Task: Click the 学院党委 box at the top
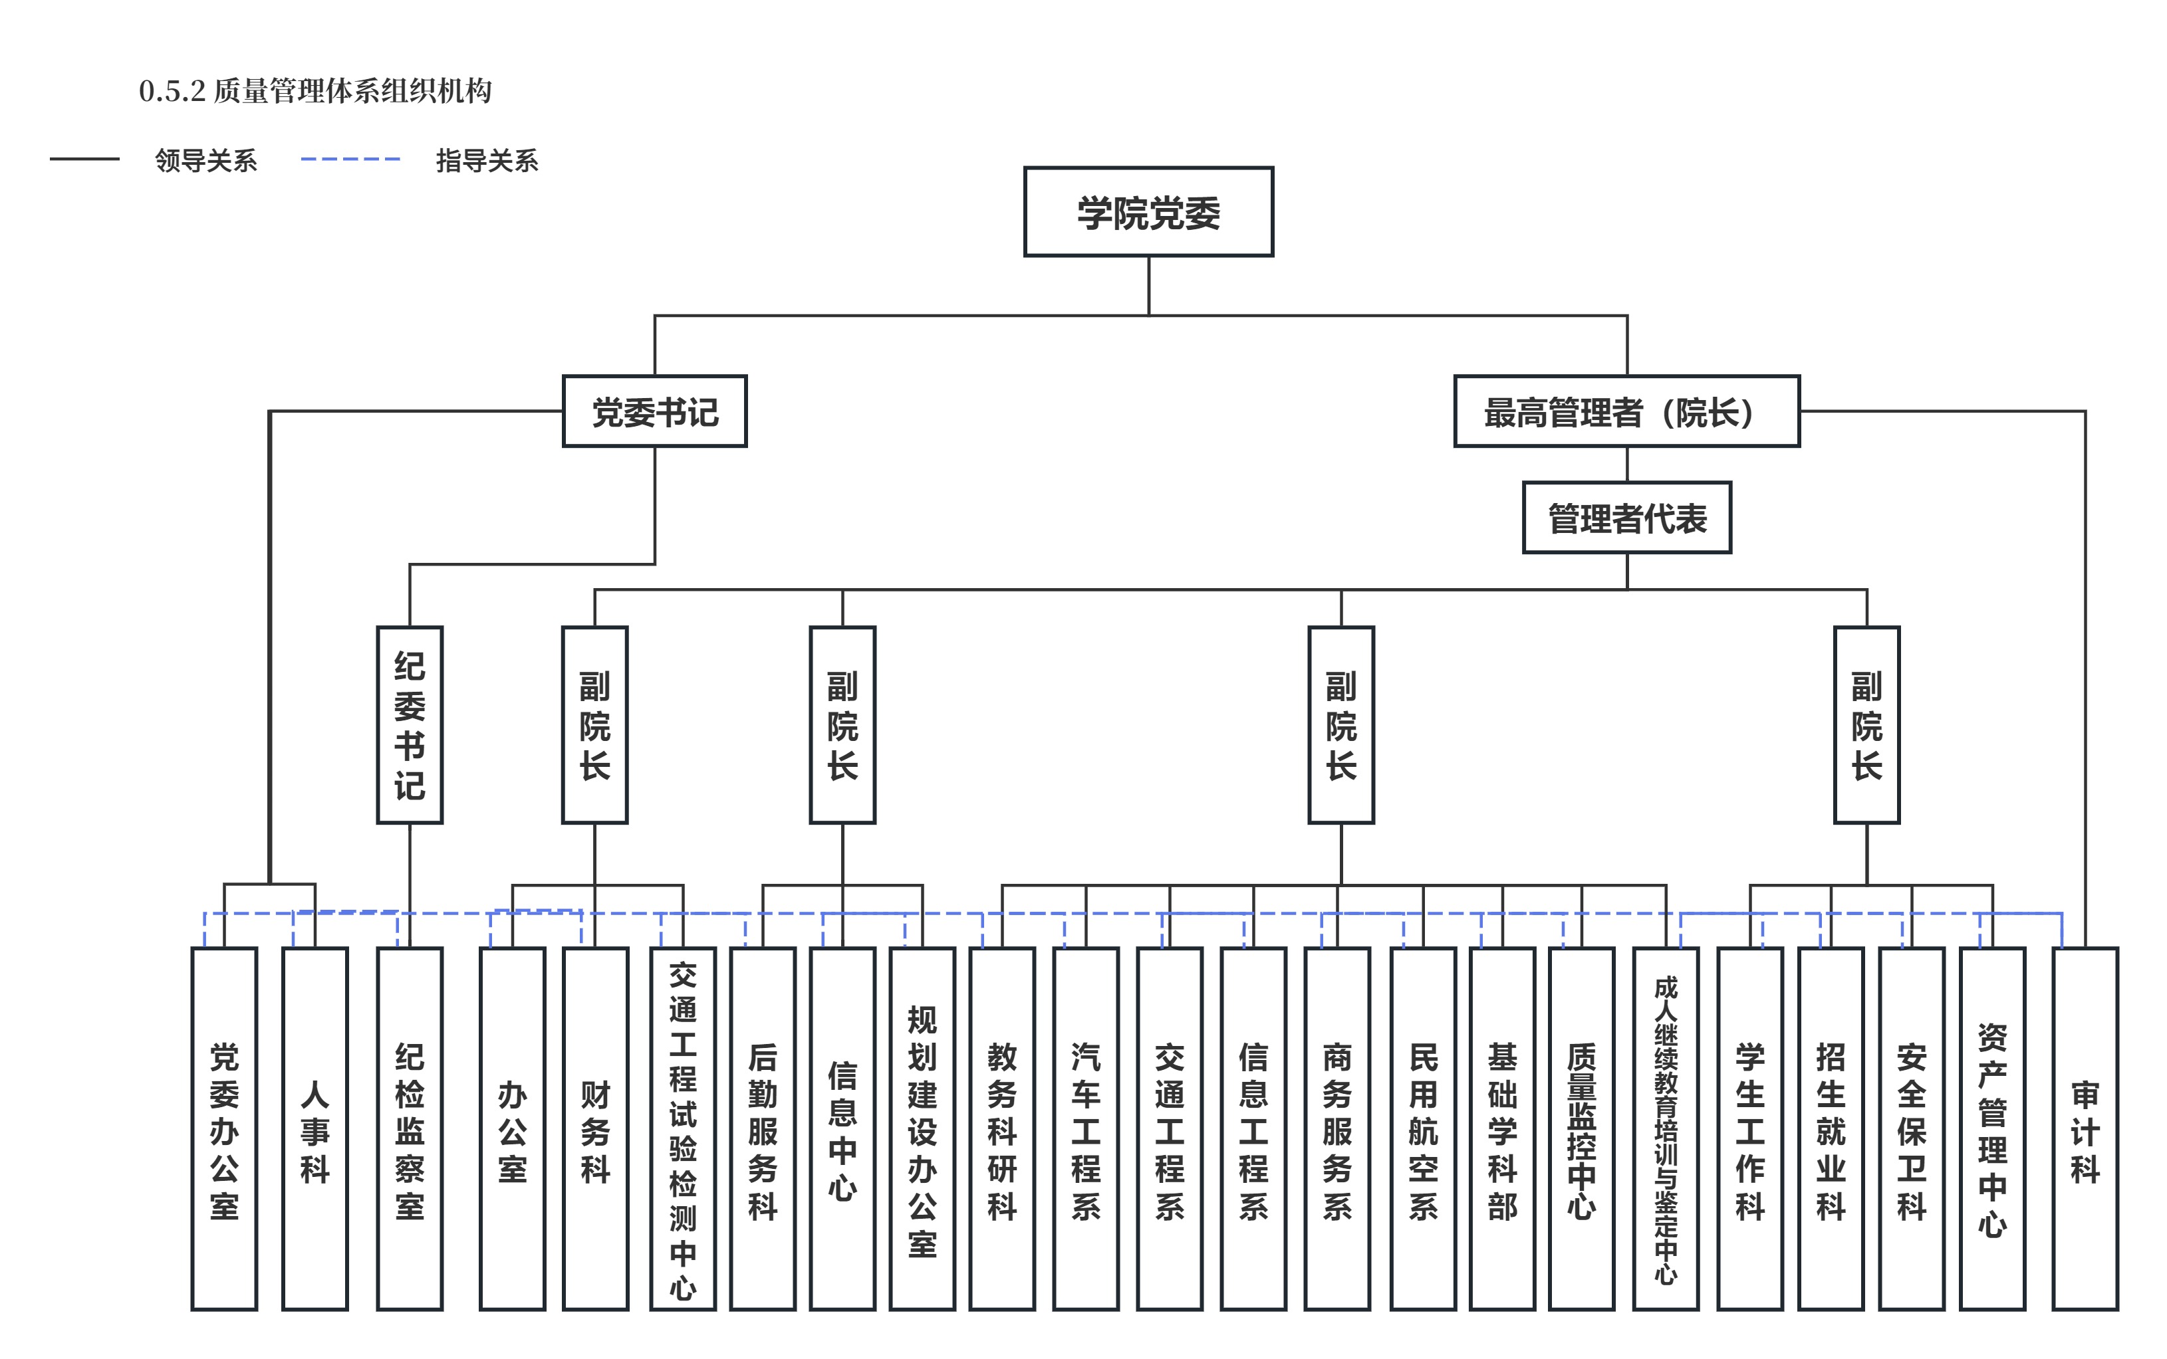(x=1148, y=212)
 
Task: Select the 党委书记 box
(x=654, y=411)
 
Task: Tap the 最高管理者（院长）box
(x=1626, y=411)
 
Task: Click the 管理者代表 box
(x=1626, y=518)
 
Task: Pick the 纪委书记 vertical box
(x=410, y=724)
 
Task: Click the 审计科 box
(x=2085, y=1129)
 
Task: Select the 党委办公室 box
(x=224, y=1129)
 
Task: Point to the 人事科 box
(x=315, y=1129)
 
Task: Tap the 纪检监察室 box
(x=410, y=1129)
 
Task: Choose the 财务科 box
(x=595, y=1129)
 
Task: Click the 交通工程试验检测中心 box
(x=684, y=1129)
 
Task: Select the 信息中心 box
(x=842, y=1129)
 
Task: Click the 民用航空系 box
(x=1424, y=1129)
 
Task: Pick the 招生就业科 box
(x=1831, y=1129)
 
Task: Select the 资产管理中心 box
(x=1993, y=1129)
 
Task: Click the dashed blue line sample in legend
(x=350, y=159)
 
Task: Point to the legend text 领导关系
(x=206, y=160)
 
